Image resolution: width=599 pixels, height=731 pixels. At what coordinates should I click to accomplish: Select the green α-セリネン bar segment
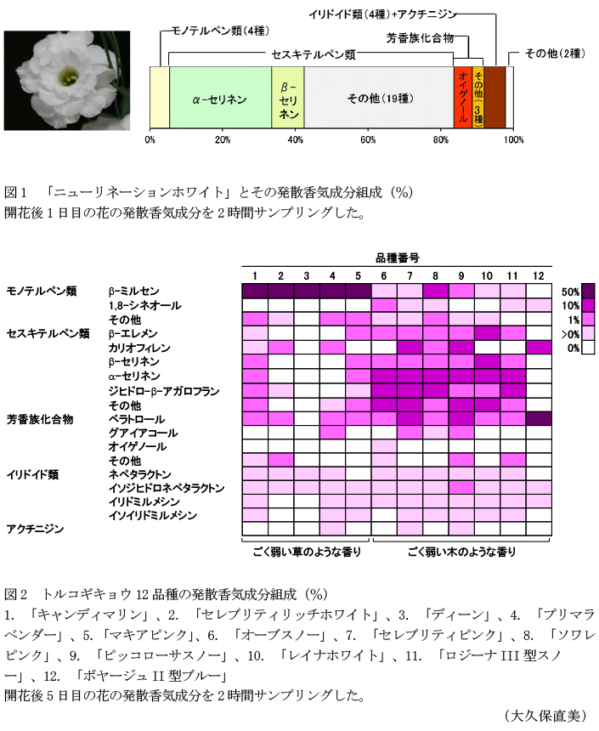(x=220, y=98)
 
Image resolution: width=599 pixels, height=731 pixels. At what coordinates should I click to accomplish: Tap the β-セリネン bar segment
(x=288, y=98)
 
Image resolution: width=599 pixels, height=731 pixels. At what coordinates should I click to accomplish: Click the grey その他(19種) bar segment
(x=378, y=98)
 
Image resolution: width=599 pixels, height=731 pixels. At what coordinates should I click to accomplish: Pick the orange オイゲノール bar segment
(x=462, y=98)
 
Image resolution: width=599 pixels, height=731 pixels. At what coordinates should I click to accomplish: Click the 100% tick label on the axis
(x=513, y=140)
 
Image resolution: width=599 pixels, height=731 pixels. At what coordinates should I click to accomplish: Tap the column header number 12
(x=538, y=275)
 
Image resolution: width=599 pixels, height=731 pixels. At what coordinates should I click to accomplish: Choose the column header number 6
(x=384, y=275)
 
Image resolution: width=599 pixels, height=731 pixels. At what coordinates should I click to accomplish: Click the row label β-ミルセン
(x=133, y=291)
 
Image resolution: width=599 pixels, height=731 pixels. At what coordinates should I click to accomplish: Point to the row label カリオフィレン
(x=139, y=348)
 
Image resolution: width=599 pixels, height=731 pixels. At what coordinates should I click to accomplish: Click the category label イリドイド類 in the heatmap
(x=32, y=473)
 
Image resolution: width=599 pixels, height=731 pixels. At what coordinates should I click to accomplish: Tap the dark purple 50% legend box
(x=588, y=291)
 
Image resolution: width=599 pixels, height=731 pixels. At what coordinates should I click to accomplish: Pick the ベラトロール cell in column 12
(x=538, y=419)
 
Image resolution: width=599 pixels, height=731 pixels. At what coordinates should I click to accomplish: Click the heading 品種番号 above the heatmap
(x=396, y=257)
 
